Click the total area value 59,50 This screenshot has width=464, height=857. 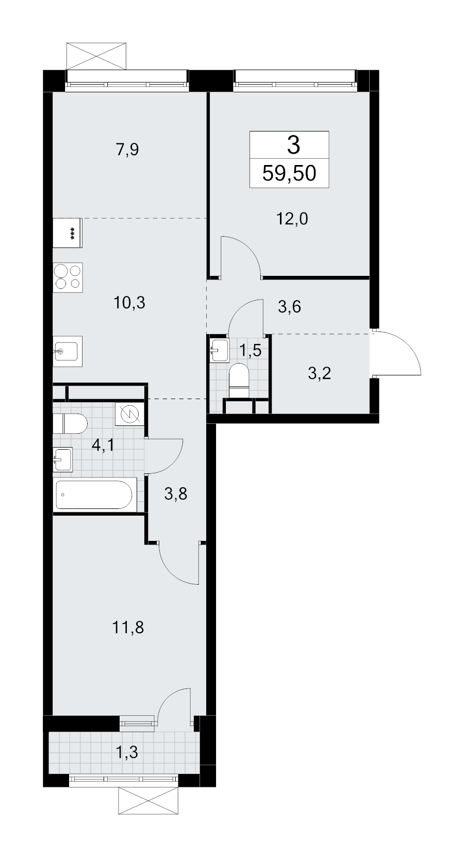[x=289, y=173]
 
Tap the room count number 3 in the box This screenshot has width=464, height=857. [x=293, y=145]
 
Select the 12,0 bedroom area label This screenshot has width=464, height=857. [x=292, y=219]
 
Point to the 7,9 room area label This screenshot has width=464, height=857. [x=127, y=150]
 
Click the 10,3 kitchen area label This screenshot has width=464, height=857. [x=129, y=303]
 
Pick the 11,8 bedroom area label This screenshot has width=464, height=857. [x=128, y=628]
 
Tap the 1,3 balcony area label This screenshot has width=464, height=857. [x=126, y=752]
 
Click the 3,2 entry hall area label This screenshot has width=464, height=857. [x=320, y=373]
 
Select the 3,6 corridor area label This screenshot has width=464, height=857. [x=290, y=307]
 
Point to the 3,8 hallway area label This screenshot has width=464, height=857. [x=176, y=494]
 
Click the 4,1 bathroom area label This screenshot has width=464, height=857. [x=103, y=446]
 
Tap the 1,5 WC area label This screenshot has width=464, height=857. [x=250, y=350]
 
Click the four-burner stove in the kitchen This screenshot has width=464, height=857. [x=68, y=277]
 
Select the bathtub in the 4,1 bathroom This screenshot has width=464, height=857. [x=94, y=495]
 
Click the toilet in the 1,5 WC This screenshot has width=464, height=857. [x=239, y=381]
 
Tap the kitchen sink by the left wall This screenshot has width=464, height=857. [x=68, y=351]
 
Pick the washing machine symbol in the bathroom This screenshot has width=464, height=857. [x=129, y=414]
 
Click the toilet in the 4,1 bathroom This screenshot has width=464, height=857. [x=71, y=423]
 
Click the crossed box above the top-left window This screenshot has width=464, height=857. [x=96, y=56]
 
